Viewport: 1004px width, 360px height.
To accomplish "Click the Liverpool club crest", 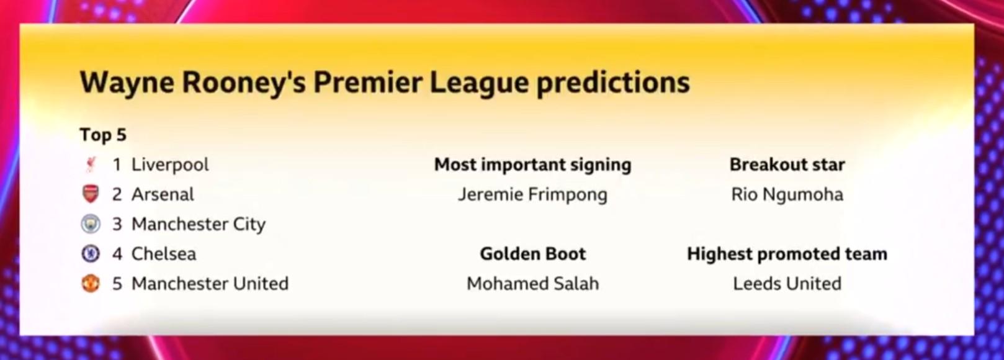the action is (x=91, y=164).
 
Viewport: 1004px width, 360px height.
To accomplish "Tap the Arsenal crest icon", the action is (x=91, y=194).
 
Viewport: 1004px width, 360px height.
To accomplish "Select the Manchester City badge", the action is (x=91, y=223).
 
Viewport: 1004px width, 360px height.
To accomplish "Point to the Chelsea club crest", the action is (x=91, y=254).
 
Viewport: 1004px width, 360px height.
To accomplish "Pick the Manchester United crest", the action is (x=91, y=283).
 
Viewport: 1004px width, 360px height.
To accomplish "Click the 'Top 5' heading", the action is (x=103, y=135).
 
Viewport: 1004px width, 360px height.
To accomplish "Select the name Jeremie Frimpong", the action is (x=532, y=194).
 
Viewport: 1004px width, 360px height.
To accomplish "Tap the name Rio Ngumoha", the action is (x=787, y=194).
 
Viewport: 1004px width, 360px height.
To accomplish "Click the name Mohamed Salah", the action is (x=532, y=283).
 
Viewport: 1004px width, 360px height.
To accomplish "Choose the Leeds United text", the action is (x=787, y=283).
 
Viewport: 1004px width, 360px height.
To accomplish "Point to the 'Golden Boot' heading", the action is (x=532, y=254).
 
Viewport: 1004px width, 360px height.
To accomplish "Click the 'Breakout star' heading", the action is (x=787, y=164).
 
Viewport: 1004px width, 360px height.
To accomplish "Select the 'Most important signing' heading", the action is (x=532, y=165).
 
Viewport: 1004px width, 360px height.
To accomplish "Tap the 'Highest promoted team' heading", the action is (x=787, y=254).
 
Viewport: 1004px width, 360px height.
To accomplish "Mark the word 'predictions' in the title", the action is (x=613, y=83).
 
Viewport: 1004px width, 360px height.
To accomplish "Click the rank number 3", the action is (x=117, y=224).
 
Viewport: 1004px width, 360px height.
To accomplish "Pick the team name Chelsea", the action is (x=164, y=254).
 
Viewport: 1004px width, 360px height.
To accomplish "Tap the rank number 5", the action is (x=117, y=284).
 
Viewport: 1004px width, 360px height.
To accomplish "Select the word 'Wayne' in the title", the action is (x=127, y=83).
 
